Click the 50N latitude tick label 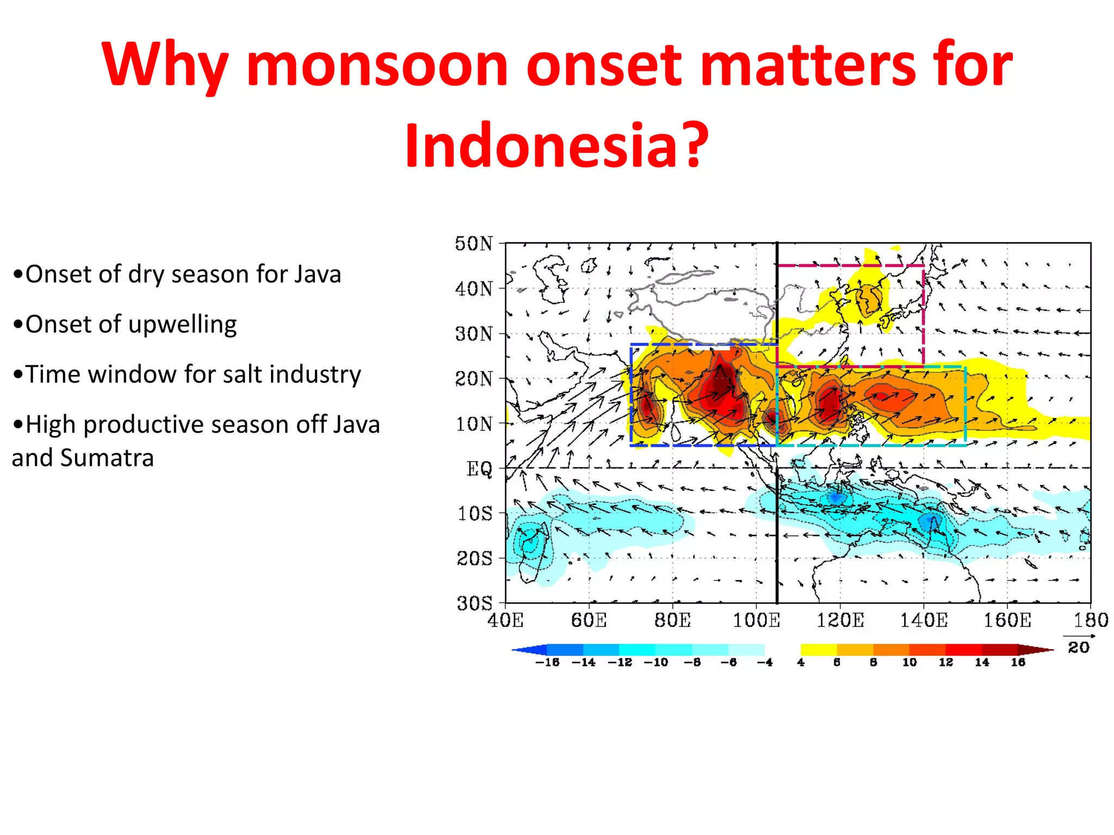coord(474,244)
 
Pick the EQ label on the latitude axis coord(479,468)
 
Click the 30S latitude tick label coord(474,603)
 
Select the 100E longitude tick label coord(756,620)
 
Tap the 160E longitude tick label coord(1007,620)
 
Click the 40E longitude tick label coord(505,620)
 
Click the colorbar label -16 coord(547,662)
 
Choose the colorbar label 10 coord(909,662)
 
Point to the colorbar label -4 coord(764,662)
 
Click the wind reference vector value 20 coord(1078,647)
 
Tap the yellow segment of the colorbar coord(818,650)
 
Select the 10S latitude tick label coord(474,513)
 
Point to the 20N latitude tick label coord(474,378)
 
